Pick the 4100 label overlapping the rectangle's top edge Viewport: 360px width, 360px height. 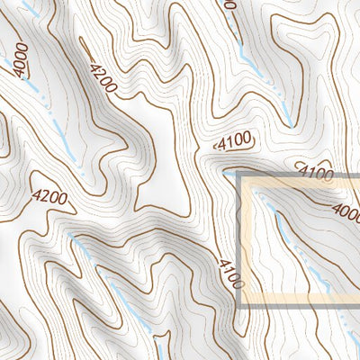[315, 173]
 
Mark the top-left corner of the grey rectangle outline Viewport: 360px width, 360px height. [239, 175]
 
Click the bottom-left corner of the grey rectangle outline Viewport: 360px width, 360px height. [239, 306]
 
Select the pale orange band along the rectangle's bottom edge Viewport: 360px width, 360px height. [297, 300]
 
